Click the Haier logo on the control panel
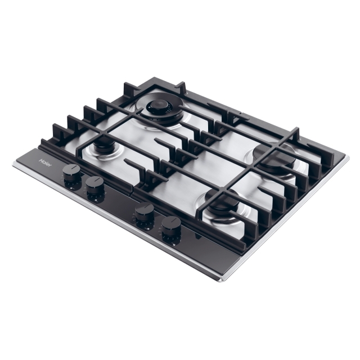[x=46, y=163]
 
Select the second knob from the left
[x=95, y=186]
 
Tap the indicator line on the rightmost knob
[x=172, y=220]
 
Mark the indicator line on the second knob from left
[x=95, y=181]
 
